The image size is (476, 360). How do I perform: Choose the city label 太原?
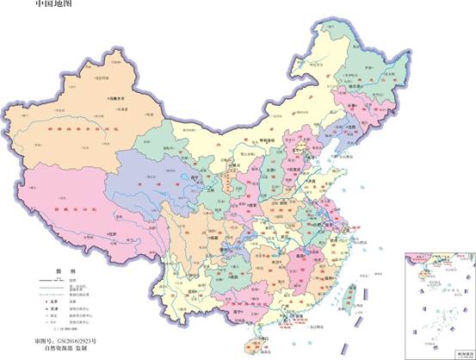coord(269,169)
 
